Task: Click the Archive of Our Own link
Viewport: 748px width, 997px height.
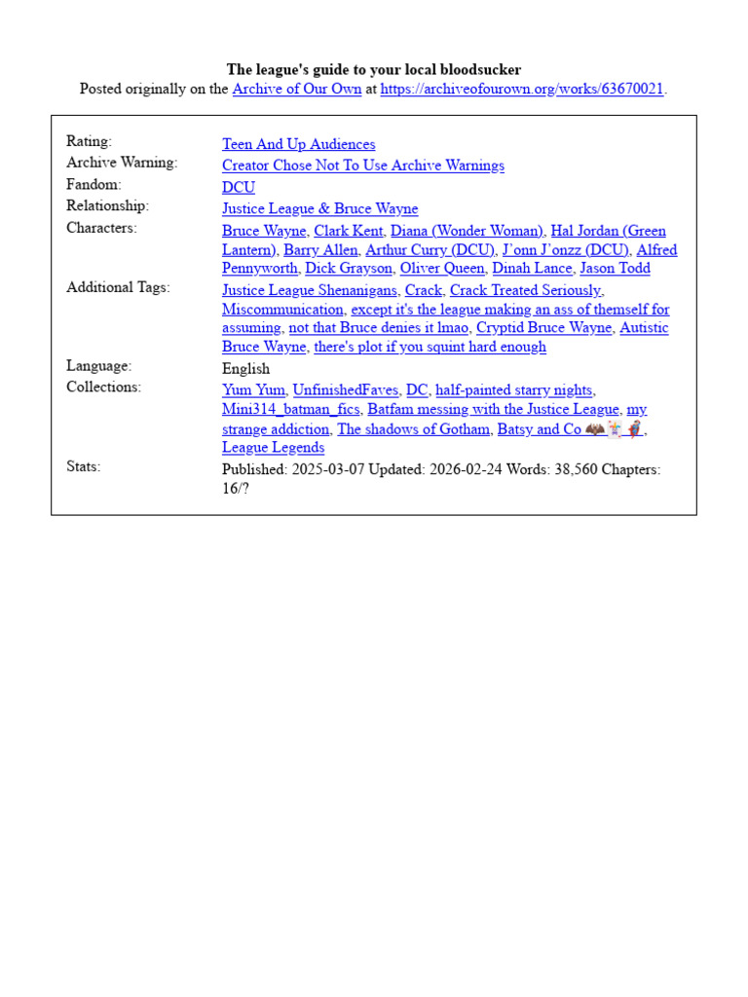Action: point(296,89)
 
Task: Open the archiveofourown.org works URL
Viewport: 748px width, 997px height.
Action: point(521,89)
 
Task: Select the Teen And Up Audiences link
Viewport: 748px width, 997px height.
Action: point(298,144)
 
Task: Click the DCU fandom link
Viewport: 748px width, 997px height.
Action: point(238,187)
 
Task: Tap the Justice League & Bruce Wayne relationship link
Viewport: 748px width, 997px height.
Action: point(319,208)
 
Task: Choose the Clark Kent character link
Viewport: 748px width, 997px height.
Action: point(348,231)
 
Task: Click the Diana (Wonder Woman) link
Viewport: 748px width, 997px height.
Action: point(467,231)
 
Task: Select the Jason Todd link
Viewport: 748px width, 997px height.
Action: point(615,268)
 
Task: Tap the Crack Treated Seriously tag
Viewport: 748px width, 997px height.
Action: point(525,290)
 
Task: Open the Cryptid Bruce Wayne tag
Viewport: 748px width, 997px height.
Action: point(543,327)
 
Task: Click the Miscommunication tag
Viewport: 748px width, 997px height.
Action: point(282,309)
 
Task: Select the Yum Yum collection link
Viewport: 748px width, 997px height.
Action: point(253,390)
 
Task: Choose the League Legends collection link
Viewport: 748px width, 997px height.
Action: point(273,447)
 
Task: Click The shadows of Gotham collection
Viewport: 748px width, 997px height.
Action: point(413,428)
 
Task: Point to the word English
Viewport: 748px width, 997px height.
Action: point(245,368)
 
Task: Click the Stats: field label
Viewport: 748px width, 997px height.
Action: point(83,466)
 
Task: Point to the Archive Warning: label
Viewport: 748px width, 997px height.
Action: point(122,163)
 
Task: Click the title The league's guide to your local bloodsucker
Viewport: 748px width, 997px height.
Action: point(374,69)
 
